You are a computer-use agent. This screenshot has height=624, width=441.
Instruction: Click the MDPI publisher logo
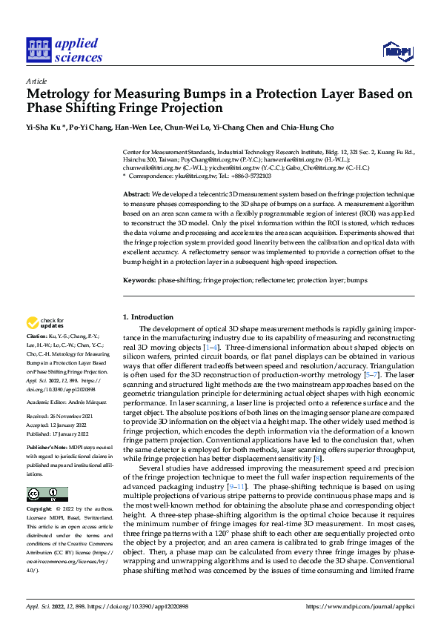(x=396, y=50)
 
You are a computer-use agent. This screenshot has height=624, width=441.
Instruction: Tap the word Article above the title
(x=36, y=81)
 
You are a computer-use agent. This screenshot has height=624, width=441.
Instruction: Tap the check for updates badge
(x=45, y=323)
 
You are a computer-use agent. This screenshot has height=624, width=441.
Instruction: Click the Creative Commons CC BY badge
(x=47, y=494)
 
